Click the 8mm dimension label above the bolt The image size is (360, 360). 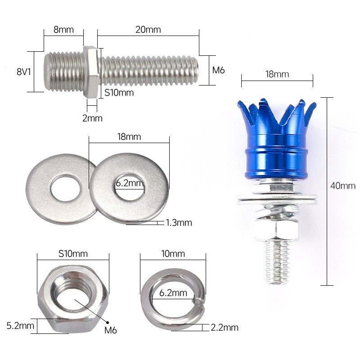click(x=63, y=30)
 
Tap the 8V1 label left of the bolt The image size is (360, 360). click(x=23, y=71)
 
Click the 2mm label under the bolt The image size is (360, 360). click(x=92, y=118)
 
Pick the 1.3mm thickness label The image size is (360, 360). click(x=179, y=222)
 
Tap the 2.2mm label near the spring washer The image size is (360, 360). click(x=224, y=327)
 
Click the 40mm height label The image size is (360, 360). click(x=342, y=185)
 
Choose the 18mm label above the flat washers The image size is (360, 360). click(x=129, y=136)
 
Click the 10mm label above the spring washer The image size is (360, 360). click(x=173, y=253)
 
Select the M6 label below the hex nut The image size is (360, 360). click(x=110, y=330)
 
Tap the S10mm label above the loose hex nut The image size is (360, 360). click(x=72, y=253)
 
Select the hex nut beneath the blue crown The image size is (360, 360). click(x=275, y=230)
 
